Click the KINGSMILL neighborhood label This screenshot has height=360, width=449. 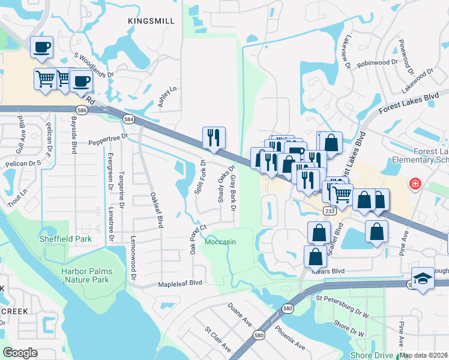(151, 21)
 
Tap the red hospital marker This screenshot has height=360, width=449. (414, 184)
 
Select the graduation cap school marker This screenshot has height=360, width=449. (423, 278)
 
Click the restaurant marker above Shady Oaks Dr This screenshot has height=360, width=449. (214, 138)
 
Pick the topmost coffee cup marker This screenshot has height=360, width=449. (41, 47)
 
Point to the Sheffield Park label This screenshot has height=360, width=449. (65, 239)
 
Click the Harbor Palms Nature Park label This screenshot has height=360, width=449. (85, 275)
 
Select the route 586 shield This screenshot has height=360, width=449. (82, 110)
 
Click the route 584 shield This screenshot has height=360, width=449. (129, 119)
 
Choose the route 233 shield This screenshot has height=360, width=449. (330, 211)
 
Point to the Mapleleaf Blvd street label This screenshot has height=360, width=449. (181, 283)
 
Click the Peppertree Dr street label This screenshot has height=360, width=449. (109, 140)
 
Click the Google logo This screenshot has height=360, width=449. (20, 353)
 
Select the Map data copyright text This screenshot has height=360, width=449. (424, 356)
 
